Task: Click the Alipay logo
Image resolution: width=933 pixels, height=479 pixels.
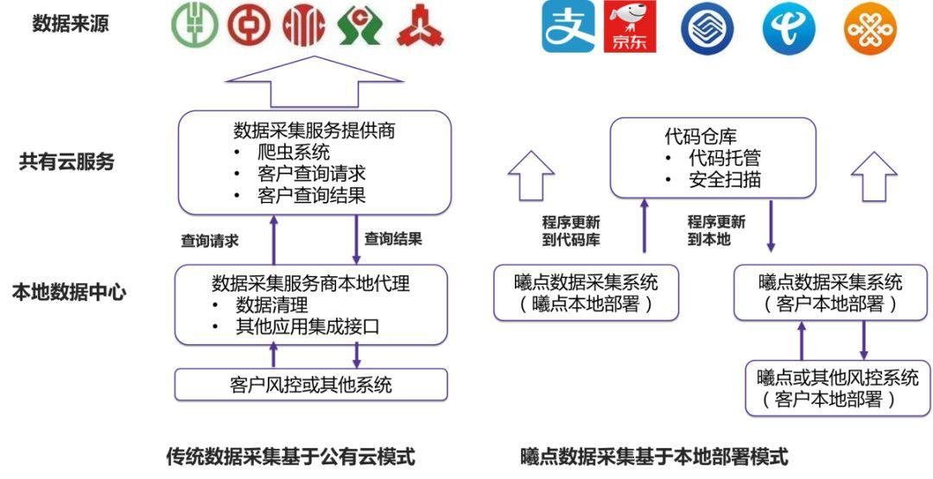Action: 568,27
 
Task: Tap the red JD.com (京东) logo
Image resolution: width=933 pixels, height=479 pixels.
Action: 630,27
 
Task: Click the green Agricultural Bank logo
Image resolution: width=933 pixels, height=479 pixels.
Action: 194,26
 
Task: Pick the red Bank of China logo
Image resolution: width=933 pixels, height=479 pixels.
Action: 250,26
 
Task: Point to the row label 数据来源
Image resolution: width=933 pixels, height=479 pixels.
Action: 70,24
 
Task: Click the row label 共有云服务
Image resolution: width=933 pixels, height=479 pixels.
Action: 66,161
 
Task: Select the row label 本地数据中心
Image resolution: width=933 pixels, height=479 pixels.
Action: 69,293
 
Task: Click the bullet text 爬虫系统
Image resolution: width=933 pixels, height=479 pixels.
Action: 294,152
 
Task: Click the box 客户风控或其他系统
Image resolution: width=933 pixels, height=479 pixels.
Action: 311,385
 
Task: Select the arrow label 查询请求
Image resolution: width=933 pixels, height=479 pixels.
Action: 210,241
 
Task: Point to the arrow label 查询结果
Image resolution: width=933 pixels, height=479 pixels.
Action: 393,239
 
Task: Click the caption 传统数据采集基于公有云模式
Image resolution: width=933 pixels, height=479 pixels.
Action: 290,457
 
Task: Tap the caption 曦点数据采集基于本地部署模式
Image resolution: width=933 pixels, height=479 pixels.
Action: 654,457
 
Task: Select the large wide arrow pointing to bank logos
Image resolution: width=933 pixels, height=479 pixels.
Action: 314,81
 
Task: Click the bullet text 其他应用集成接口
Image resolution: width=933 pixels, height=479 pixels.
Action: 308,327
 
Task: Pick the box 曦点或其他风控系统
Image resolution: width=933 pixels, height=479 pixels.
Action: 838,388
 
